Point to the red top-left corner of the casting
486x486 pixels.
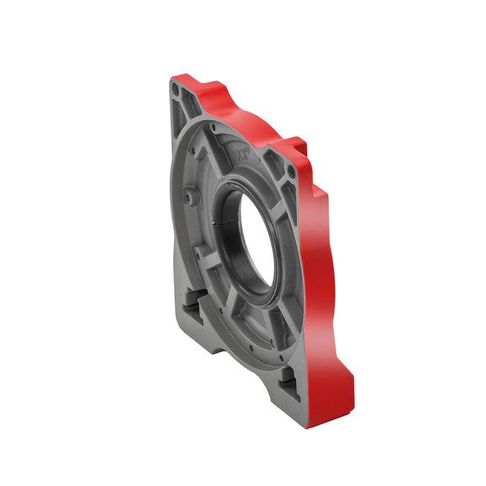click(x=181, y=77)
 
